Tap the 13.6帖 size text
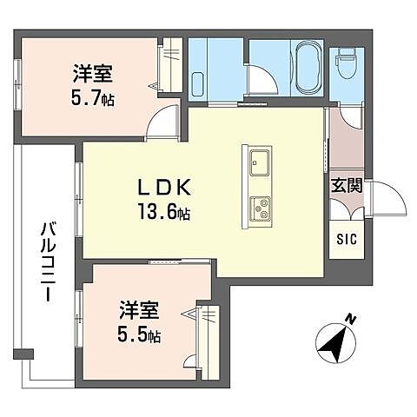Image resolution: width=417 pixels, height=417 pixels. pyautogui.click(x=162, y=211)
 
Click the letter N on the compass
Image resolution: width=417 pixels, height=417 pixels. pyautogui.click(x=349, y=320)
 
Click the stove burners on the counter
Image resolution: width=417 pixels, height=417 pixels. pyautogui.click(x=260, y=208)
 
